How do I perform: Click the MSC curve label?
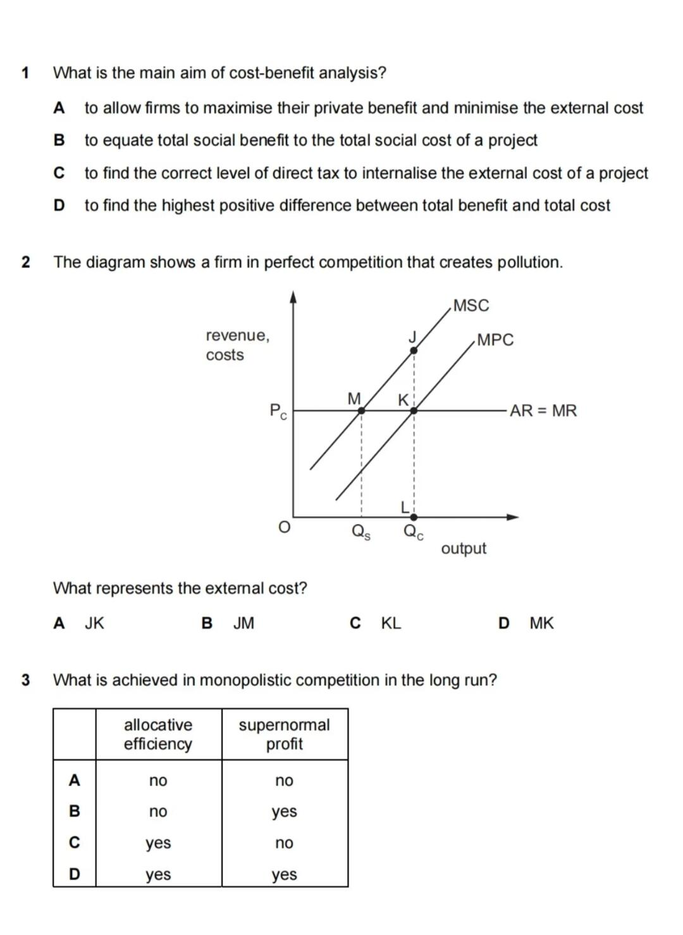(471, 306)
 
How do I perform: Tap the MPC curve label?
(495, 340)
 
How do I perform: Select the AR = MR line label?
(543, 411)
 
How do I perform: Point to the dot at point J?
(413, 350)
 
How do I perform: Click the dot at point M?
(361, 411)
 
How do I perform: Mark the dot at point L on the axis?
(414, 517)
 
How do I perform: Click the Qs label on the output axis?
(361, 532)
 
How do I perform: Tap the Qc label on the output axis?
(414, 532)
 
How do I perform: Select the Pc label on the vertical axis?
(278, 411)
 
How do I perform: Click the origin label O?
(285, 527)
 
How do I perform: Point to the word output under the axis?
(464, 548)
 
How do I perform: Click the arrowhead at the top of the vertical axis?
(293, 296)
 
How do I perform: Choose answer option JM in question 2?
(243, 624)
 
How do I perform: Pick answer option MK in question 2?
(541, 624)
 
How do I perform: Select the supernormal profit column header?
(284, 734)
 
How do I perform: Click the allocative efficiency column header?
(158, 734)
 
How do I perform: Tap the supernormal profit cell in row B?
(284, 812)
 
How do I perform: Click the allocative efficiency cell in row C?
(158, 843)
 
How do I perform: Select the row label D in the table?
(75, 874)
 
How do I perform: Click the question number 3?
(25, 681)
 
